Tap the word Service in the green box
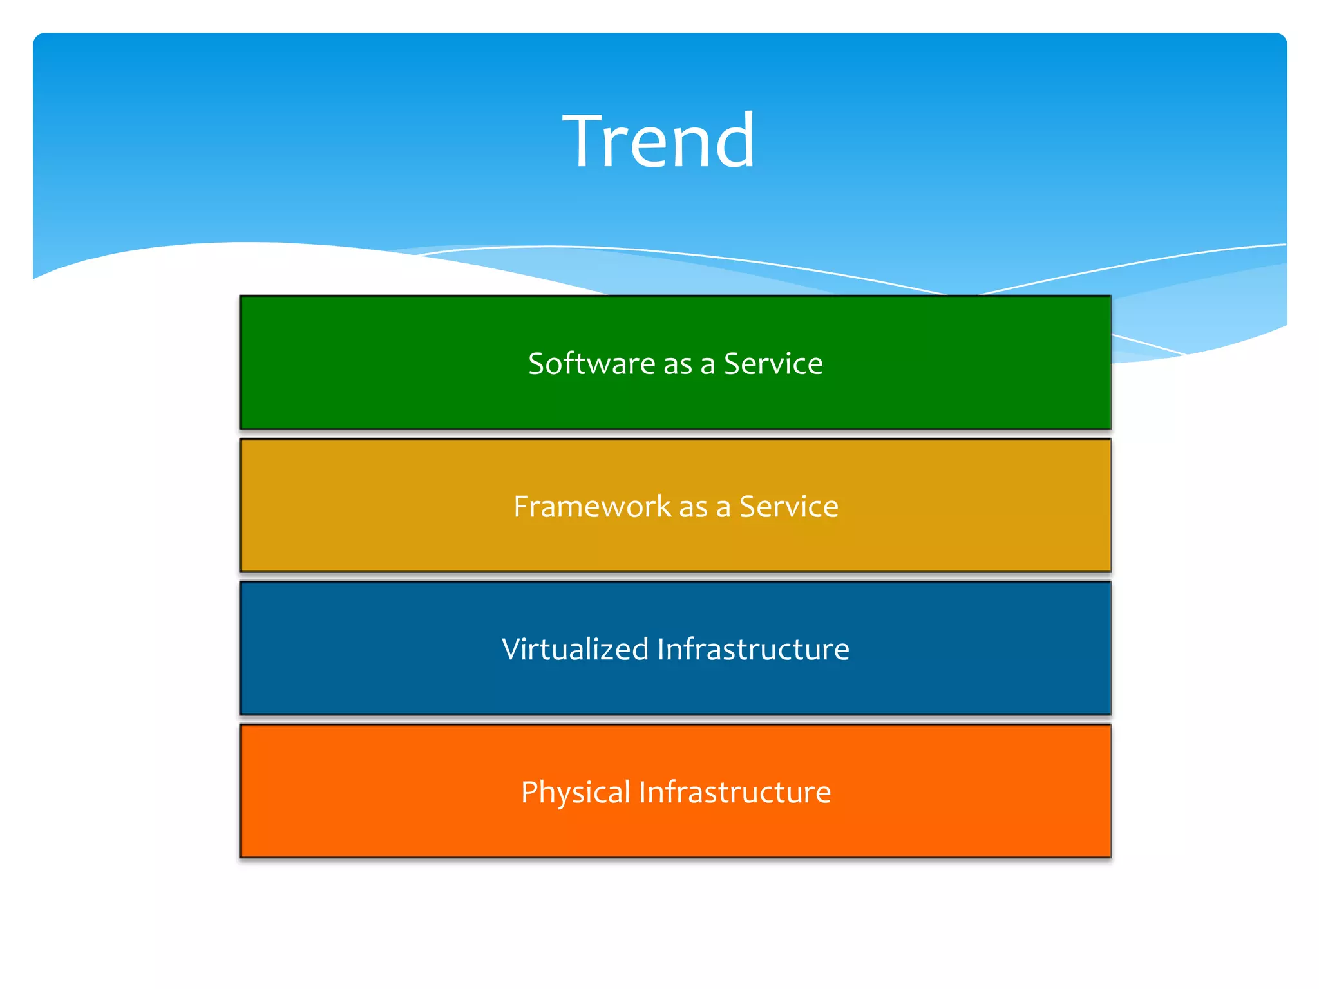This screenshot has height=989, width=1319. pos(773,364)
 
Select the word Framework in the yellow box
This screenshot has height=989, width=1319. pos(592,507)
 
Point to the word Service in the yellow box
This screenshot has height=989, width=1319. pos(788,507)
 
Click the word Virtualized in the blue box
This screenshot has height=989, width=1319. pos(574,649)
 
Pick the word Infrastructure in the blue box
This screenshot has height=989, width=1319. pos(753,649)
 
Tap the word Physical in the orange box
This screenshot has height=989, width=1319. pos(575,792)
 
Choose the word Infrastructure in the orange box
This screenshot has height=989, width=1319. pos(735,792)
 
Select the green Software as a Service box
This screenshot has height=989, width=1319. pos(675,399)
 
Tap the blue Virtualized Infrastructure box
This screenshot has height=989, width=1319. pos(675,685)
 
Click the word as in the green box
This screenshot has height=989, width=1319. pos(678,366)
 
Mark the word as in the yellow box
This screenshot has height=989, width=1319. pos(693,509)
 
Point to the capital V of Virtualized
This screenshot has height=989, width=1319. pos(512,649)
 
